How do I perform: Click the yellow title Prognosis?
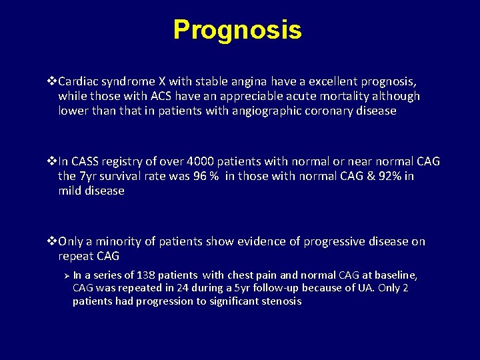(237, 30)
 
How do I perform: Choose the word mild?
(71, 191)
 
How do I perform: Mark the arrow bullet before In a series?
(66, 275)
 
